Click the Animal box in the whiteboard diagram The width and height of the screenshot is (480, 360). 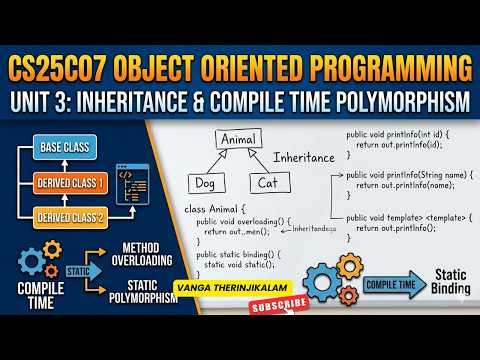(238, 139)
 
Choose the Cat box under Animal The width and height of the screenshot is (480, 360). (266, 183)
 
